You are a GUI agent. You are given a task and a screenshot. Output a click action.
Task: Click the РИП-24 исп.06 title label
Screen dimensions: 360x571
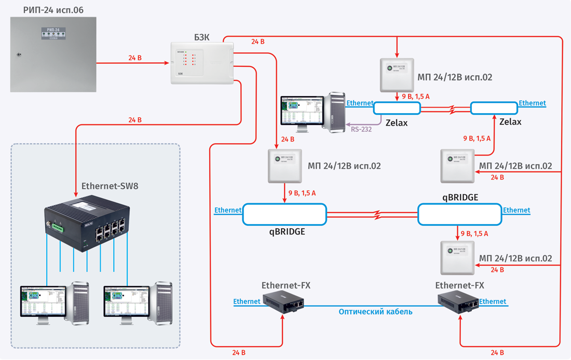[x=53, y=10]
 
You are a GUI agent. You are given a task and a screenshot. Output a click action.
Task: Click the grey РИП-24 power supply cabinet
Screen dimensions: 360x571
[x=53, y=54]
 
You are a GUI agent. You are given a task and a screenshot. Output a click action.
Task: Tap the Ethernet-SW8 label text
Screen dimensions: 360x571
[x=110, y=186]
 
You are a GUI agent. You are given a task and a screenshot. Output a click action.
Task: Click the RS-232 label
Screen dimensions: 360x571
[x=361, y=129]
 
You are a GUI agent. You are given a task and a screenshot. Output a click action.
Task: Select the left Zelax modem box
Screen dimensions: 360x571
[x=397, y=108]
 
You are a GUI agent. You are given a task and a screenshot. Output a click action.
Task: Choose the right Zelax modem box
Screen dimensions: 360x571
[x=494, y=108]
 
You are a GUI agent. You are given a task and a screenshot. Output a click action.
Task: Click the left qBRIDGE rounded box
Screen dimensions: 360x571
[x=284, y=214]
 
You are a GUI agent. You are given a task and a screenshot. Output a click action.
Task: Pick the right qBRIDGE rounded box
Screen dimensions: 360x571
[x=459, y=214]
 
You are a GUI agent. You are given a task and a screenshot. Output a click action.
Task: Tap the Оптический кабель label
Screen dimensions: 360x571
[x=375, y=312]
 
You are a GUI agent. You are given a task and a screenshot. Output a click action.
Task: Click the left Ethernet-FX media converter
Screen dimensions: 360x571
[x=283, y=300]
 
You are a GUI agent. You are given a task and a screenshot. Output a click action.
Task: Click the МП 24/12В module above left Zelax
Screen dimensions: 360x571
[x=397, y=75]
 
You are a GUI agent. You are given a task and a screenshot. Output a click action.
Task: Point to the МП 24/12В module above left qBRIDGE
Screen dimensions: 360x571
[x=285, y=166]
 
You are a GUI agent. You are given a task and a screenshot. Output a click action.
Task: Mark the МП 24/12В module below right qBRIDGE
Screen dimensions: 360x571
[x=457, y=258]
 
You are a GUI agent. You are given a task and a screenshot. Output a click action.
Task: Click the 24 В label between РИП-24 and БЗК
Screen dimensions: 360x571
[x=134, y=58]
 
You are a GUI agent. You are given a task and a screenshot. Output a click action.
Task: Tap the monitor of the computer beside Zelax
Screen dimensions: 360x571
[x=301, y=112]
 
